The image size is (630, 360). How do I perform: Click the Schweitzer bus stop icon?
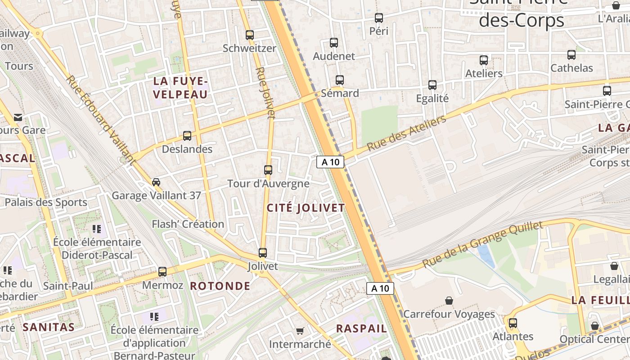click(x=250, y=35)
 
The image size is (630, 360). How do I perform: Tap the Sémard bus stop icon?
click(x=340, y=80)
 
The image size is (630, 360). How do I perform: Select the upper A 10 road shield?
click(x=330, y=162)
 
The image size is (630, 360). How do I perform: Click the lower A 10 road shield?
click(x=380, y=288)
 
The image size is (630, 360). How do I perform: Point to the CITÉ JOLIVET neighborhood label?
click(x=306, y=208)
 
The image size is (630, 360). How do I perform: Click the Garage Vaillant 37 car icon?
click(x=156, y=182)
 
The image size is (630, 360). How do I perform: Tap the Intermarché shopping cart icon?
click(x=300, y=331)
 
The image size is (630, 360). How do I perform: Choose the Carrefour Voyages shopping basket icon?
click(x=449, y=300)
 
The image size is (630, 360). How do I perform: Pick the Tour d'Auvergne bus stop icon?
click(x=268, y=170)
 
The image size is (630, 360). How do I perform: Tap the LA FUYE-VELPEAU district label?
click(x=180, y=88)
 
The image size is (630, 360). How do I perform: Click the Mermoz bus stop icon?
click(x=162, y=272)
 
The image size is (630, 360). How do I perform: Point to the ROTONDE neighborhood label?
click(x=220, y=286)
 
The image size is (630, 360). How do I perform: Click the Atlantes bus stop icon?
click(x=513, y=323)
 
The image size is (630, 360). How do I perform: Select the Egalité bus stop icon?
click(x=432, y=85)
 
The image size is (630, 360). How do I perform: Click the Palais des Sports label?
click(x=46, y=202)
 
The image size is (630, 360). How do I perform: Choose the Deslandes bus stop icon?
click(x=187, y=135)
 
